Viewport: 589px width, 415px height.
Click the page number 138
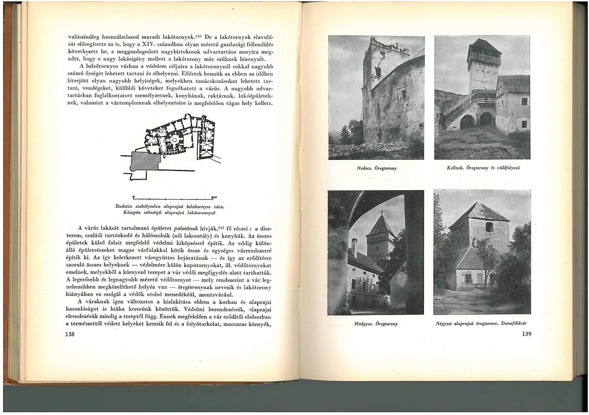click(x=70, y=334)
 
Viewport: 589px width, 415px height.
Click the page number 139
click(x=526, y=334)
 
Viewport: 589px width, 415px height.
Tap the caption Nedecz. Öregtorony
click(x=377, y=168)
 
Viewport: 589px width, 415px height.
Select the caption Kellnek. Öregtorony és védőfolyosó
click(x=483, y=168)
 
